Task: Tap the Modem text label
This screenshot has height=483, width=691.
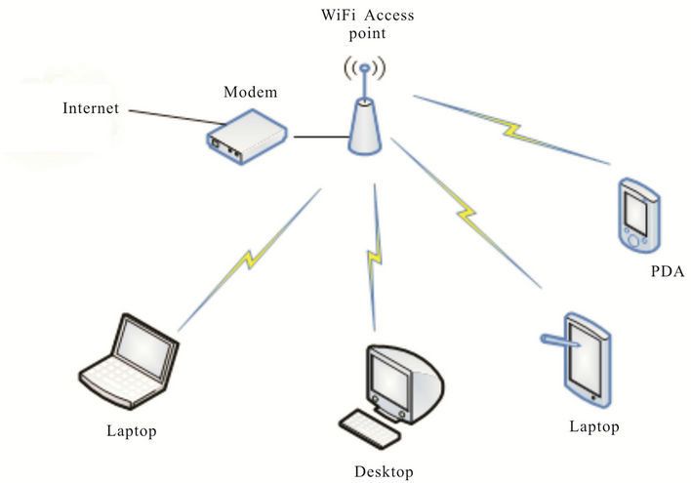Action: coord(250,92)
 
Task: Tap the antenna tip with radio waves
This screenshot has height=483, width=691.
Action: coord(363,70)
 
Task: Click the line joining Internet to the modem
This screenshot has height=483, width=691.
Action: coord(168,122)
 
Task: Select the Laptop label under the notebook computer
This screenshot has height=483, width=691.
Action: coord(133,429)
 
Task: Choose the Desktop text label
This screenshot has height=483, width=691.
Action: coord(384,472)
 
